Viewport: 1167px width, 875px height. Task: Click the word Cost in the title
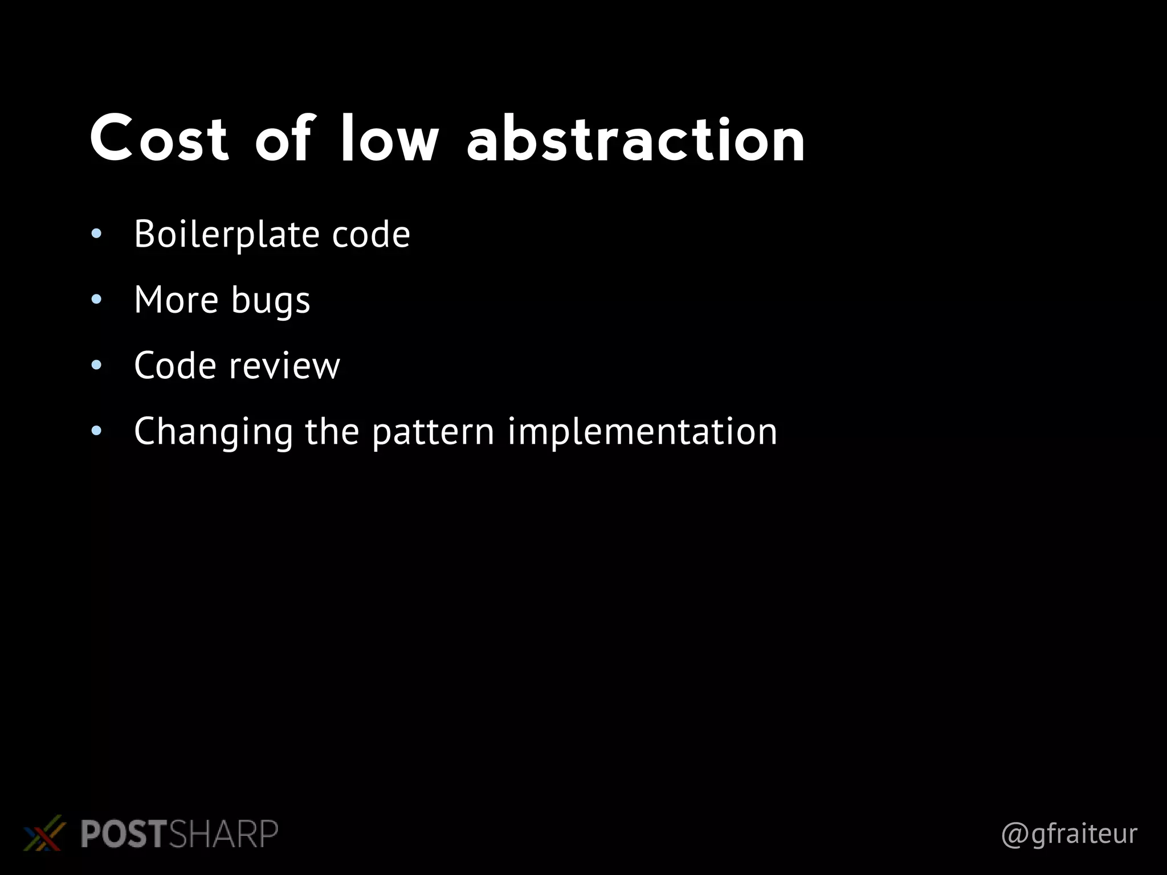pyautogui.click(x=159, y=138)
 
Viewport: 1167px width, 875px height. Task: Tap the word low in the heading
pyautogui.click(x=390, y=138)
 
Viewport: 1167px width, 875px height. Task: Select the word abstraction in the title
pyautogui.click(x=636, y=138)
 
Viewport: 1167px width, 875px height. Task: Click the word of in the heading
pyautogui.click(x=284, y=138)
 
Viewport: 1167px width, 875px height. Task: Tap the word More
pyautogui.click(x=176, y=300)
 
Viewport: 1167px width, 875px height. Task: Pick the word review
pyautogui.click(x=284, y=366)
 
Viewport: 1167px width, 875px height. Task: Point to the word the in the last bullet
pyautogui.click(x=332, y=431)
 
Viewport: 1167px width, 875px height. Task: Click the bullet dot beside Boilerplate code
pyautogui.click(x=96, y=234)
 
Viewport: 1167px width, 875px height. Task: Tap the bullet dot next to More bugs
pyautogui.click(x=96, y=299)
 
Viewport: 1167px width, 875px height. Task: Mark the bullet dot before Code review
pyautogui.click(x=96, y=365)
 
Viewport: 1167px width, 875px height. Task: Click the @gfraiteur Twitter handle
pyautogui.click(x=1069, y=834)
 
